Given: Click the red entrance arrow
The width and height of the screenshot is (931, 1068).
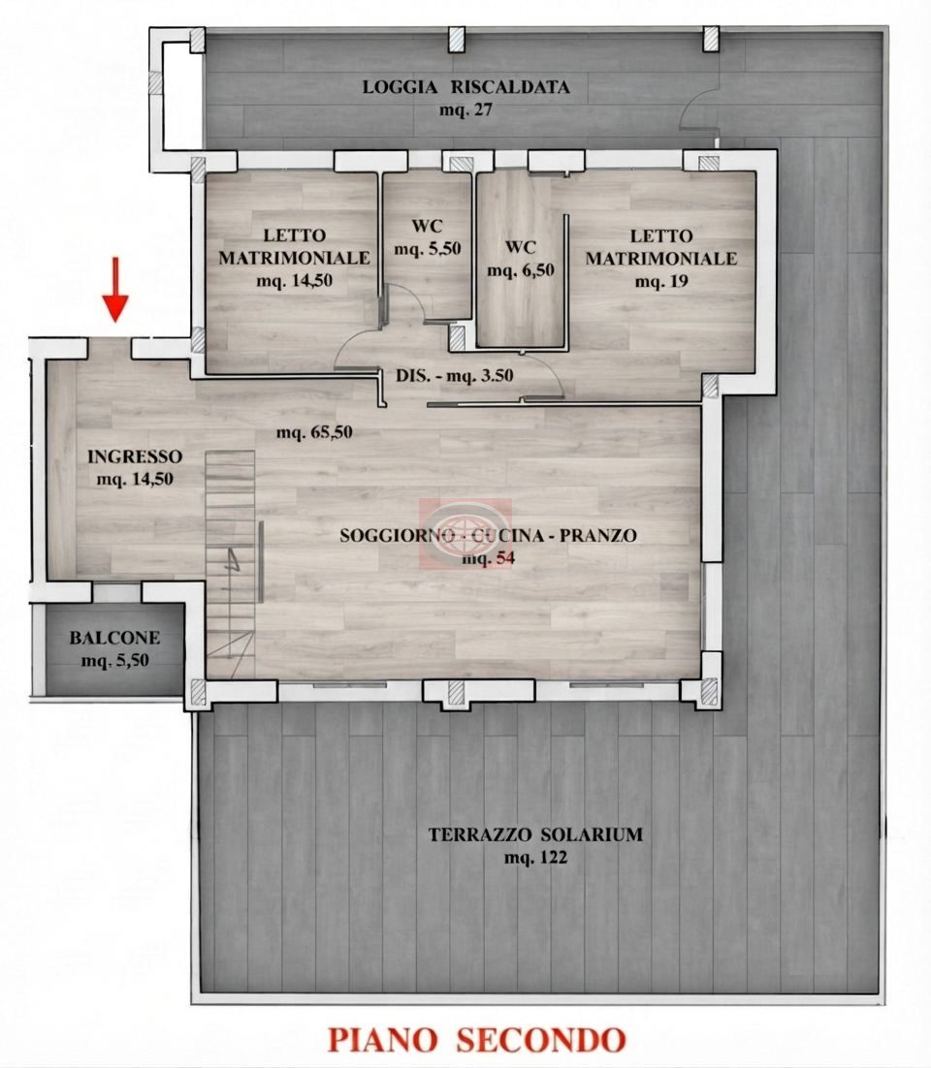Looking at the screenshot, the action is tap(115, 289).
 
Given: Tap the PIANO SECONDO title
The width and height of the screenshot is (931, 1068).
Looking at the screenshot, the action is tap(476, 1040).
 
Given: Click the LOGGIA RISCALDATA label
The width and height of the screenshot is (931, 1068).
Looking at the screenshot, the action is tap(465, 87).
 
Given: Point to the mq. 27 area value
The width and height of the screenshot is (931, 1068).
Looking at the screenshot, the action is tap(465, 110).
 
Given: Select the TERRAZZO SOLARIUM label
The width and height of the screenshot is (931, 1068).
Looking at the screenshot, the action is tap(535, 834).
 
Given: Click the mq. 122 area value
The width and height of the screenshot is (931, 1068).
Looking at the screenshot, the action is tap(535, 858).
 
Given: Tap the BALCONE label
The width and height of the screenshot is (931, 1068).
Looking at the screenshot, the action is tap(114, 639).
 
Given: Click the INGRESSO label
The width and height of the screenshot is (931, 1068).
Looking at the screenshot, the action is tap(135, 456).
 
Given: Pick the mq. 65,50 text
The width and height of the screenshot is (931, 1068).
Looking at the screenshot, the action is tap(314, 432).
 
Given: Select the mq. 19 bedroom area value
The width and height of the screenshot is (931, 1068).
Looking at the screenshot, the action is tap(661, 281).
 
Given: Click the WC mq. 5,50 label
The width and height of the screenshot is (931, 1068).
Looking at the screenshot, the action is tap(428, 237).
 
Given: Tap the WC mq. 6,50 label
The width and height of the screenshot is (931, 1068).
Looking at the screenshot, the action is tap(521, 258).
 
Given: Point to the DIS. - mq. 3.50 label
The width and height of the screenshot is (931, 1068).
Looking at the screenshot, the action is tap(455, 375).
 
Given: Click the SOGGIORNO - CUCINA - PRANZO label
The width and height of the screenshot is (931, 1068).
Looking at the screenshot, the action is tap(488, 535).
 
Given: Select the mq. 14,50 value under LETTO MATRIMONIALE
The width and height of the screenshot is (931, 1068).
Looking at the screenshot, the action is tap(295, 280).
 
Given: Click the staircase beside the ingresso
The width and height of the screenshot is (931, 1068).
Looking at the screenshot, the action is tap(231, 564).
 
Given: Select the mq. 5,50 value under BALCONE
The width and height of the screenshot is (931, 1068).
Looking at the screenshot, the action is tap(114, 661).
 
